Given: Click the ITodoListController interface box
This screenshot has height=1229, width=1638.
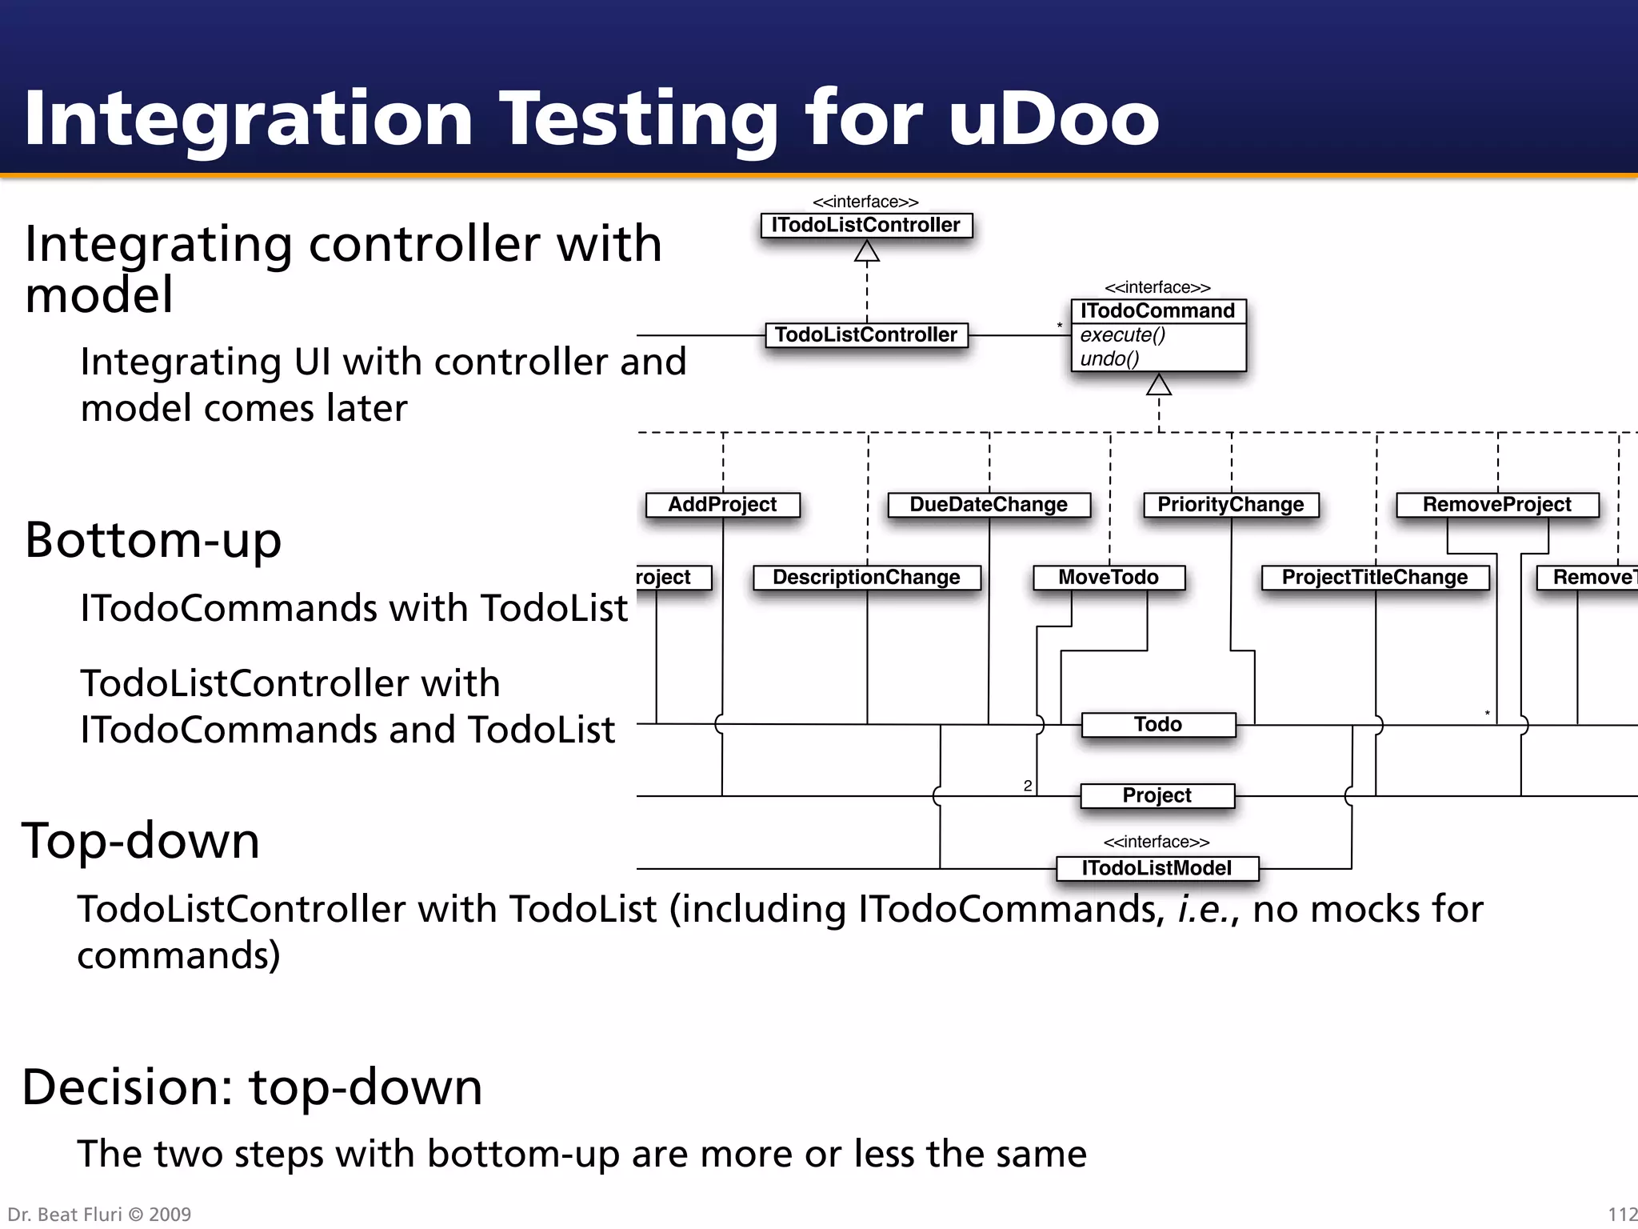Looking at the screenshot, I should click(x=866, y=226).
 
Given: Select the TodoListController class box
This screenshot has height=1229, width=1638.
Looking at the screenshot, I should click(x=866, y=335).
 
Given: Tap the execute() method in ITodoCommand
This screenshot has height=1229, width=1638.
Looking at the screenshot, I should click(x=1122, y=335).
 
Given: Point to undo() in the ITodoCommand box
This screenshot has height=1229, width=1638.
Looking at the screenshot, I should click(x=1109, y=359).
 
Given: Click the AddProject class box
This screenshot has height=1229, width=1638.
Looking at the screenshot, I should click(x=722, y=505).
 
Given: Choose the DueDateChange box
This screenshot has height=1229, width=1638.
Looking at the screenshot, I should click(x=989, y=505).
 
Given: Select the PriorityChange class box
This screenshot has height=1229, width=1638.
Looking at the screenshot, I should click(x=1230, y=505).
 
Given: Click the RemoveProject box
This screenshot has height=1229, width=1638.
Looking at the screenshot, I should click(x=1496, y=505).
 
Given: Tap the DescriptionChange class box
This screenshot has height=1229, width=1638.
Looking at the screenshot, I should click(x=866, y=578).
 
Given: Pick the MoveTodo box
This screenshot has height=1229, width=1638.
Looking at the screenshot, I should click(x=1108, y=578).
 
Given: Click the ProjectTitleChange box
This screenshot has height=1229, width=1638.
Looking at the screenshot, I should click(x=1374, y=578).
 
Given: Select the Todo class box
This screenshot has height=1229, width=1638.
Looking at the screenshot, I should click(x=1157, y=725).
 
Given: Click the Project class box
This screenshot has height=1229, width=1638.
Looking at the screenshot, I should click(x=1157, y=796).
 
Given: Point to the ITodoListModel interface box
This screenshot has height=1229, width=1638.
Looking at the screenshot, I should click(x=1157, y=869).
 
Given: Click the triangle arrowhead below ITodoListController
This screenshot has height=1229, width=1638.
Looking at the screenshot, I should click(x=866, y=253).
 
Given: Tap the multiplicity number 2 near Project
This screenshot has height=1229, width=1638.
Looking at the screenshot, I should click(x=1028, y=787).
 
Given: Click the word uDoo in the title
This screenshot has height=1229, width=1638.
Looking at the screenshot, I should click(x=1053, y=118).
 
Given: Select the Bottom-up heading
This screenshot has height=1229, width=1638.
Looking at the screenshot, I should click(x=154, y=540).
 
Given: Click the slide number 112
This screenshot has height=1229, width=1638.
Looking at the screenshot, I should click(x=1622, y=1215).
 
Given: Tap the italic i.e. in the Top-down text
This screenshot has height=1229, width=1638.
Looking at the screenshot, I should click(x=1207, y=910).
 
